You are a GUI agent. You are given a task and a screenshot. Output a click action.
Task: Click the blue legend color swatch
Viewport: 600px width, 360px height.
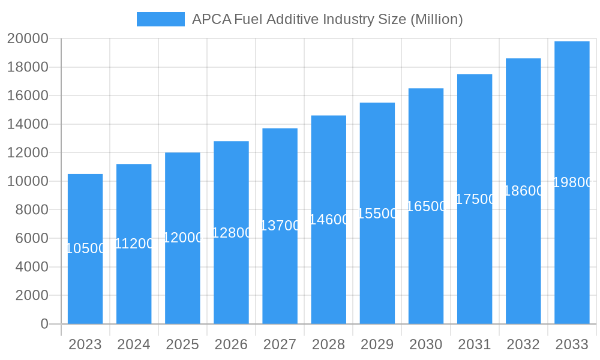coord(161,19)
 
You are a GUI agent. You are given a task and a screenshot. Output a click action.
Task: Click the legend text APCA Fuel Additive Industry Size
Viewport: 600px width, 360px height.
coord(327,19)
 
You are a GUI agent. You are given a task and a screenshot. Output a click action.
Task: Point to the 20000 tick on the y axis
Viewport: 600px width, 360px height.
coord(28,39)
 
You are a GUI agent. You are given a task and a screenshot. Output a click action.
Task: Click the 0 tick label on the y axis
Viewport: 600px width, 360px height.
coord(44,324)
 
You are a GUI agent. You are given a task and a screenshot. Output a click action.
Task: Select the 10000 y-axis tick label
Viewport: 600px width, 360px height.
coord(28,181)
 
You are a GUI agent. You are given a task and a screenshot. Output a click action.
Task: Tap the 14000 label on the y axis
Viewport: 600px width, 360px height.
coord(28,124)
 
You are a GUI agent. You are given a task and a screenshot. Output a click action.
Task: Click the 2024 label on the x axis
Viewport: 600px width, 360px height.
coord(134,344)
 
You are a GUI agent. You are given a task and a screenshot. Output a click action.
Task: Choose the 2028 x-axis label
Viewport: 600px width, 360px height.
coord(328,344)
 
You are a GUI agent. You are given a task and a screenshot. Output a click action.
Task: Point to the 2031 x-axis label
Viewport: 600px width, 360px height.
coord(475,344)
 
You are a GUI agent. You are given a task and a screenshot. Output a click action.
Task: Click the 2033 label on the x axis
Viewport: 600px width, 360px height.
coord(572,344)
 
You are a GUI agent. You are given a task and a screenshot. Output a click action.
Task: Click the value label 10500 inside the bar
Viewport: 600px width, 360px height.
coord(85,248)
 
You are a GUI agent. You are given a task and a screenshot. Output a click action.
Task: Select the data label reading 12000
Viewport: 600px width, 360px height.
coord(182,238)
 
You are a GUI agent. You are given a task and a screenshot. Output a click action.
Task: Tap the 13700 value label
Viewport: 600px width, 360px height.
coord(280,226)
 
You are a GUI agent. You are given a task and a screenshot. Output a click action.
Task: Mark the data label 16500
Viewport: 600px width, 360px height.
coord(426,206)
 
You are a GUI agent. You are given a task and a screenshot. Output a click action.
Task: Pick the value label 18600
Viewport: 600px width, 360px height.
coord(523,191)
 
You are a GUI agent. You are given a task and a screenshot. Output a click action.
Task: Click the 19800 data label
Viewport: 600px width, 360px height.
coord(572,182)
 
